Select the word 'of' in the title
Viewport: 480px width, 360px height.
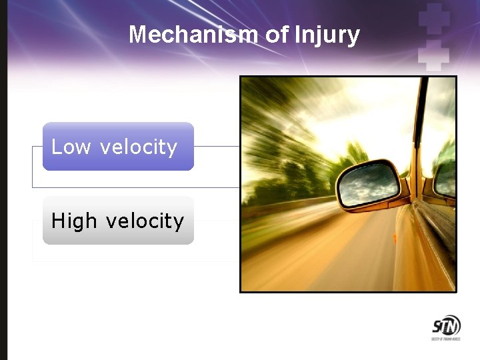277,34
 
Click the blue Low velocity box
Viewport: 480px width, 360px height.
118,146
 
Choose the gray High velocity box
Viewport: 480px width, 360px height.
118,220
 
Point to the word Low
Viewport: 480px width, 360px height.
71,147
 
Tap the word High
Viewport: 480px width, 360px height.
74,221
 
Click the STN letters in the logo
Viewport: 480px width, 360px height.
446,326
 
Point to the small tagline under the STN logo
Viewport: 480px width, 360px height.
446,339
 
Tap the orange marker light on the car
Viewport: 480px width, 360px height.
395,237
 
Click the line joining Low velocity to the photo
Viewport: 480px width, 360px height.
217,146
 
